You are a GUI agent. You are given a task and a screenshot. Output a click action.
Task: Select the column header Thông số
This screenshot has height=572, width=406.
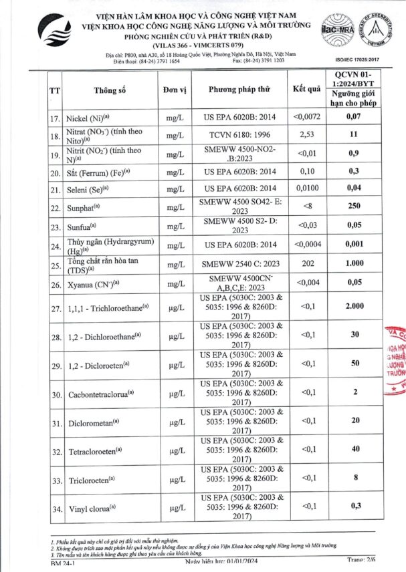pyautogui.click(x=110, y=90)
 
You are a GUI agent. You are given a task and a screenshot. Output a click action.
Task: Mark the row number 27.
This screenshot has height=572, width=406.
pyautogui.click(x=55, y=309)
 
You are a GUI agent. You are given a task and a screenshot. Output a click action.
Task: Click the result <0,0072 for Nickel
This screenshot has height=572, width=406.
pyautogui.click(x=308, y=116)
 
